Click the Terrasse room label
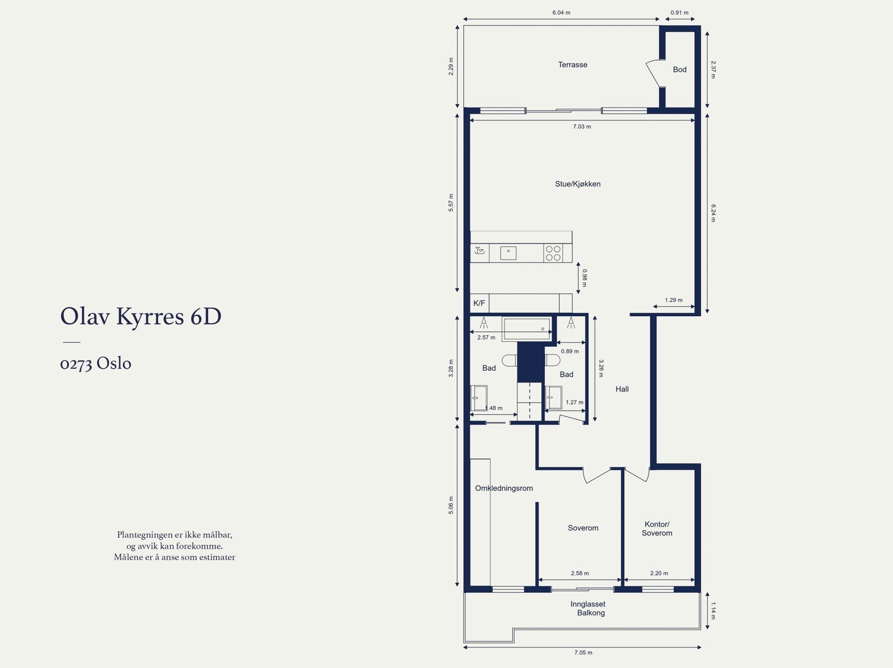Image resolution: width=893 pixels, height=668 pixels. click(573, 65)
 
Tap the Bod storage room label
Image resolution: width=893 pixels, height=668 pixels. click(679, 70)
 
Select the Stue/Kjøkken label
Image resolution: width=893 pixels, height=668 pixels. click(578, 184)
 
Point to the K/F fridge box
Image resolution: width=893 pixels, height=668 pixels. click(479, 303)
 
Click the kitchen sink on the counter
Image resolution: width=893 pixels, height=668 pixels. click(508, 253)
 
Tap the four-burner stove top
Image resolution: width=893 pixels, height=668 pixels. click(553, 253)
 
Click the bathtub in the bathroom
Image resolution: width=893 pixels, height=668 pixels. click(526, 329)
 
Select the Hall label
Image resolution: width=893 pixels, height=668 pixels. click(622, 389)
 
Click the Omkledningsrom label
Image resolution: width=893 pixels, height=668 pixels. click(503, 488)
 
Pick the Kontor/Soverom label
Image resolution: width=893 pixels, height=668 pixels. click(657, 529)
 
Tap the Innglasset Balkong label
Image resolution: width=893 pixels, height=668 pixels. click(588, 608)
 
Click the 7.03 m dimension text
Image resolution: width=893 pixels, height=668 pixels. click(582, 127)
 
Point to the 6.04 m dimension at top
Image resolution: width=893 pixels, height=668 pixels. click(561, 13)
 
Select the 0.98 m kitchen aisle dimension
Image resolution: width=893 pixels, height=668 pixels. click(584, 278)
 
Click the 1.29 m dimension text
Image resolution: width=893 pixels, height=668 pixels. click(673, 301)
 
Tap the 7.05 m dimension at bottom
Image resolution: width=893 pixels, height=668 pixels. click(583, 652)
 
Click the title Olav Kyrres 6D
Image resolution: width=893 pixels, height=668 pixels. click(141, 317)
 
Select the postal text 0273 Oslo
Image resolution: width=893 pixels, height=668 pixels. click(95, 364)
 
